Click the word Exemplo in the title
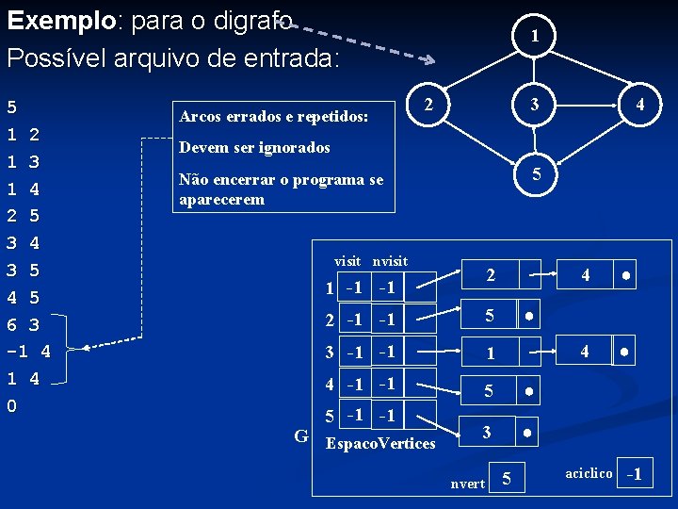pyautogui.click(x=58, y=20)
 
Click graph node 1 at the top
pyautogui.click(x=535, y=37)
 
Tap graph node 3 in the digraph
pyautogui.click(x=535, y=104)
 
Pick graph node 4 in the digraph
pyautogui.click(x=640, y=105)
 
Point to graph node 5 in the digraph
pyautogui.click(x=535, y=174)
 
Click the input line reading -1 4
pyautogui.click(x=28, y=353)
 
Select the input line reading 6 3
pyautogui.click(x=23, y=325)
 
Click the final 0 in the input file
pyautogui.click(x=11, y=406)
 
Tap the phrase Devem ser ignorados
pyautogui.click(x=254, y=148)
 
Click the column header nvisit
pyautogui.click(x=390, y=260)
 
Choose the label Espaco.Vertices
pyautogui.click(x=380, y=443)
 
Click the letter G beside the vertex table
pyautogui.click(x=301, y=435)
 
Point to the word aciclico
pyautogui.click(x=589, y=472)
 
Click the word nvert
pyautogui.click(x=468, y=484)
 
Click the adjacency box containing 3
pyautogui.click(x=487, y=432)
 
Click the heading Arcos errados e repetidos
pyautogui.click(x=272, y=117)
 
